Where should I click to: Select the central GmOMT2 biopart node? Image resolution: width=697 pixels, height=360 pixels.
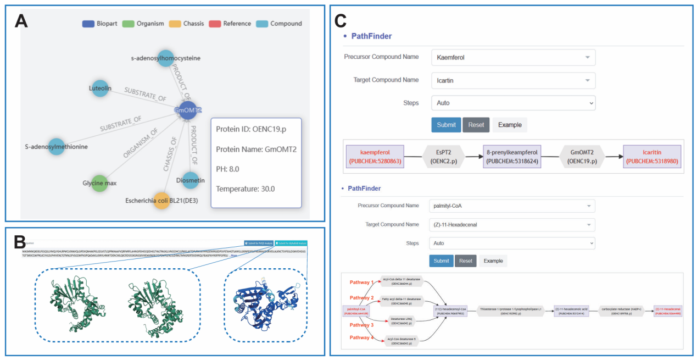click(188, 110)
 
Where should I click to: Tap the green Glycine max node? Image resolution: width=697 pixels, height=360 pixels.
click(99, 184)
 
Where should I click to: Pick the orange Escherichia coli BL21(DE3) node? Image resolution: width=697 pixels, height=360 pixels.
click(161, 201)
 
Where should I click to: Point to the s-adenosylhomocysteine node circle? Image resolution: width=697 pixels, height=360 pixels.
click(166, 58)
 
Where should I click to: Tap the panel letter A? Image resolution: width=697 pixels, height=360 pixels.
click(21, 22)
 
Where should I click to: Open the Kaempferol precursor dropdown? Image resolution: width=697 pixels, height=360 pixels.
click(512, 57)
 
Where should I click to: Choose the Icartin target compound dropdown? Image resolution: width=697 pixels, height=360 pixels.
click(512, 81)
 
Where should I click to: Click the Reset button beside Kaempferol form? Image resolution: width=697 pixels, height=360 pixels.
click(476, 125)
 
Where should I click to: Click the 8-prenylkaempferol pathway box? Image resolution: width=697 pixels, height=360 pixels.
click(512, 157)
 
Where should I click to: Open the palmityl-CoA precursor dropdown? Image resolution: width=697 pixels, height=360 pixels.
click(511, 206)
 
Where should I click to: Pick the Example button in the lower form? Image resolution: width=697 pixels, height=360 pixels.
click(493, 261)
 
